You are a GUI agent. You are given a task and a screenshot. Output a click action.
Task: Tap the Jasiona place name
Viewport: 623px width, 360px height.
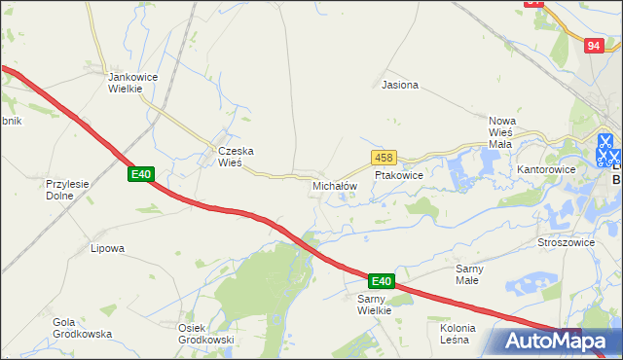pyautogui.click(x=400, y=85)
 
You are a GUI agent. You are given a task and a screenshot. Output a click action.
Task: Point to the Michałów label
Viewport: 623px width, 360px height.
pyautogui.click(x=335, y=185)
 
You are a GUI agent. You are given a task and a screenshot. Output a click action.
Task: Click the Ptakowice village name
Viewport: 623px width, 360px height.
pyautogui.click(x=398, y=176)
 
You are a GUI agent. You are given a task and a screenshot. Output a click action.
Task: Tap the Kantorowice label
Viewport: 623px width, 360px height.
pyautogui.click(x=546, y=169)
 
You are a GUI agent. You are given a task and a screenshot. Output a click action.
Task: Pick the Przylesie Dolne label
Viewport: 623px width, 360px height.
pyautogui.click(x=67, y=188)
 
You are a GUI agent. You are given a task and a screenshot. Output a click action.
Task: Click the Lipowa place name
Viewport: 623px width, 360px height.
pyautogui.click(x=107, y=248)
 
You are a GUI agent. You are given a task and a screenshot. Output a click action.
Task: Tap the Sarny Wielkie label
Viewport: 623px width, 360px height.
pyautogui.click(x=374, y=304)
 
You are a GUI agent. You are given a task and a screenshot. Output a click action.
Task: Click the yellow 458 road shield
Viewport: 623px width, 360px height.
pyautogui.click(x=383, y=158)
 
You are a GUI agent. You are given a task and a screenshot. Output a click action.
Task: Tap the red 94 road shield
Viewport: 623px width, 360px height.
pyautogui.click(x=595, y=45)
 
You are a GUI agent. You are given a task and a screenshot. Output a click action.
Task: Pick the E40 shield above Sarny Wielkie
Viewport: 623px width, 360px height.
pyautogui.click(x=381, y=281)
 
